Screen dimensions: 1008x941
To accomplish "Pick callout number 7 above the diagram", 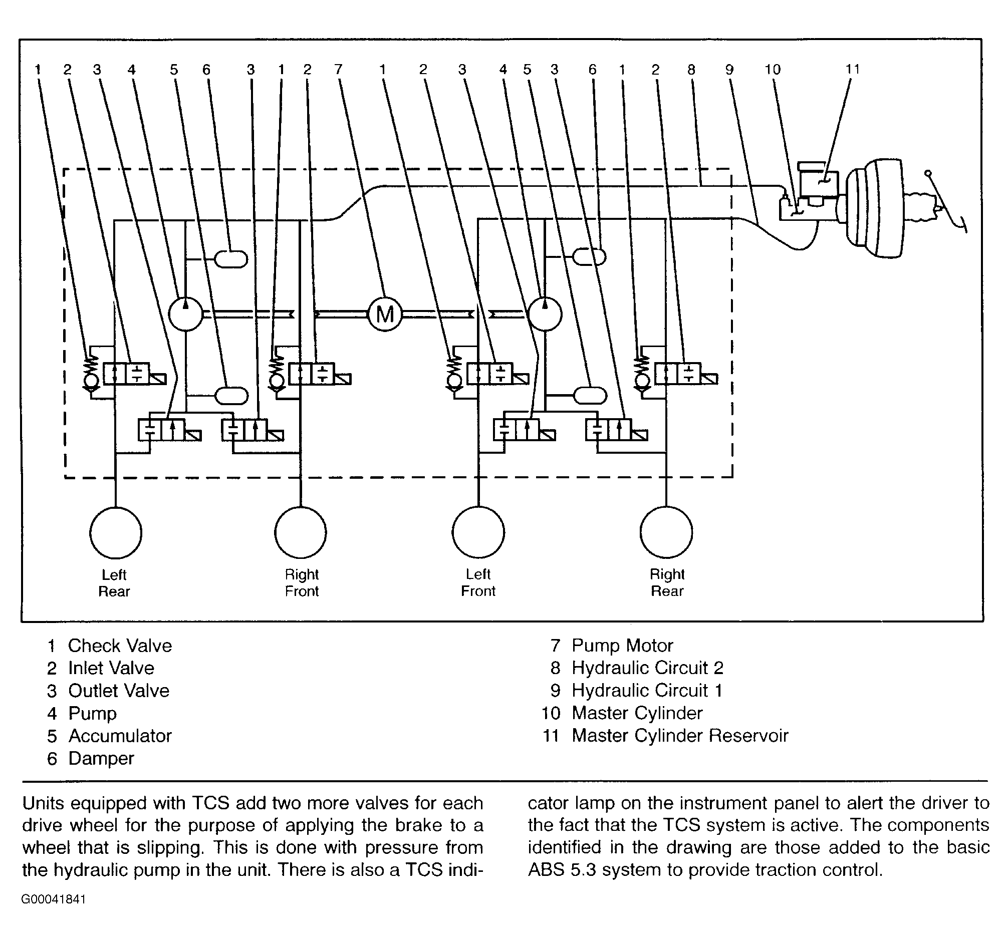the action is coord(338,70).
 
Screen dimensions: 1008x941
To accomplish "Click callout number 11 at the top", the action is coord(853,69).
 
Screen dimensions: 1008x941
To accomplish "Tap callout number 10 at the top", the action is coord(773,70).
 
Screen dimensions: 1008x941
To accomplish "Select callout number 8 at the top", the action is coord(691,70).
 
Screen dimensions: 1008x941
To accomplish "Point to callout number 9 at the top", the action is coord(729,70).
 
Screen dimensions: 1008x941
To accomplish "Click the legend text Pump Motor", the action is coord(622,645).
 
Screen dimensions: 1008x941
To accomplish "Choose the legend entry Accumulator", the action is coord(120,735).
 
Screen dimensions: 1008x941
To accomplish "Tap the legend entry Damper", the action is coord(101,758).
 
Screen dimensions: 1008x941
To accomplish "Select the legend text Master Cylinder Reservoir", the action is coord(680,735).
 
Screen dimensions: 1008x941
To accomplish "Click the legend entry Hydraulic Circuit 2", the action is coord(647,668).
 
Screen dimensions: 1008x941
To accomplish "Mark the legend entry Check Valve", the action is coord(120,645).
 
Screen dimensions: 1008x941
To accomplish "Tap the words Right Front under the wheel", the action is coord(302,582).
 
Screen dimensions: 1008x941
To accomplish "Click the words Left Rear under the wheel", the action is coord(114,583).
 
